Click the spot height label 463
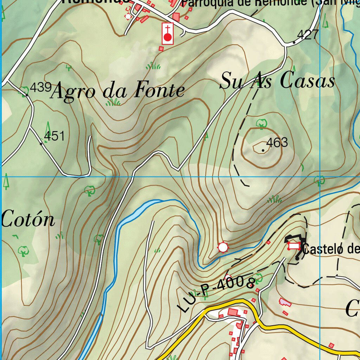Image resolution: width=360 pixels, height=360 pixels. pyautogui.click(x=277, y=143)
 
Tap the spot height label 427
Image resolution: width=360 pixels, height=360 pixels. pyautogui.click(x=308, y=35)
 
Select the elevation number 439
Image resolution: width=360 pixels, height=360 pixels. pyautogui.click(x=40, y=87)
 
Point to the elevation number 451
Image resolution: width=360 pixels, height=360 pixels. pyautogui.click(x=54, y=136)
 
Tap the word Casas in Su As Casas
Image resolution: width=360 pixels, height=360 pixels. pyautogui.click(x=308, y=82)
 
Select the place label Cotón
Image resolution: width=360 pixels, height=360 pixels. pyautogui.click(x=28, y=220)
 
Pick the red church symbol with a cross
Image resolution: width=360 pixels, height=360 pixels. pyautogui.click(x=168, y=34)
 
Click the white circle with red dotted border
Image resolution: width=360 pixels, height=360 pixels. pyautogui.click(x=223, y=247)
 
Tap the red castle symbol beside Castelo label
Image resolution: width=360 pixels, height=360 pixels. pyautogui.click(x=294, y=246)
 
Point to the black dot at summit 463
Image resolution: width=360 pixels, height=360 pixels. pyautogui.click(x=263, y=150)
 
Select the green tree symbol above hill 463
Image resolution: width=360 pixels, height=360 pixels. pyautogui.click(x=261, y=123)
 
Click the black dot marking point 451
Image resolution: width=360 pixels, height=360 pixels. pyautogui.click(x=41, y=143)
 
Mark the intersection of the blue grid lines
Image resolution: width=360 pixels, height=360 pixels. pyautogui.click(x=320, y=176)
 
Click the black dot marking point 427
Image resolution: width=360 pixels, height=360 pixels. pyautogui.click(x=294, y=43)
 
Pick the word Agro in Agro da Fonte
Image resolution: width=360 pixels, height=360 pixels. pyautogui.click(x=73, y=92)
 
